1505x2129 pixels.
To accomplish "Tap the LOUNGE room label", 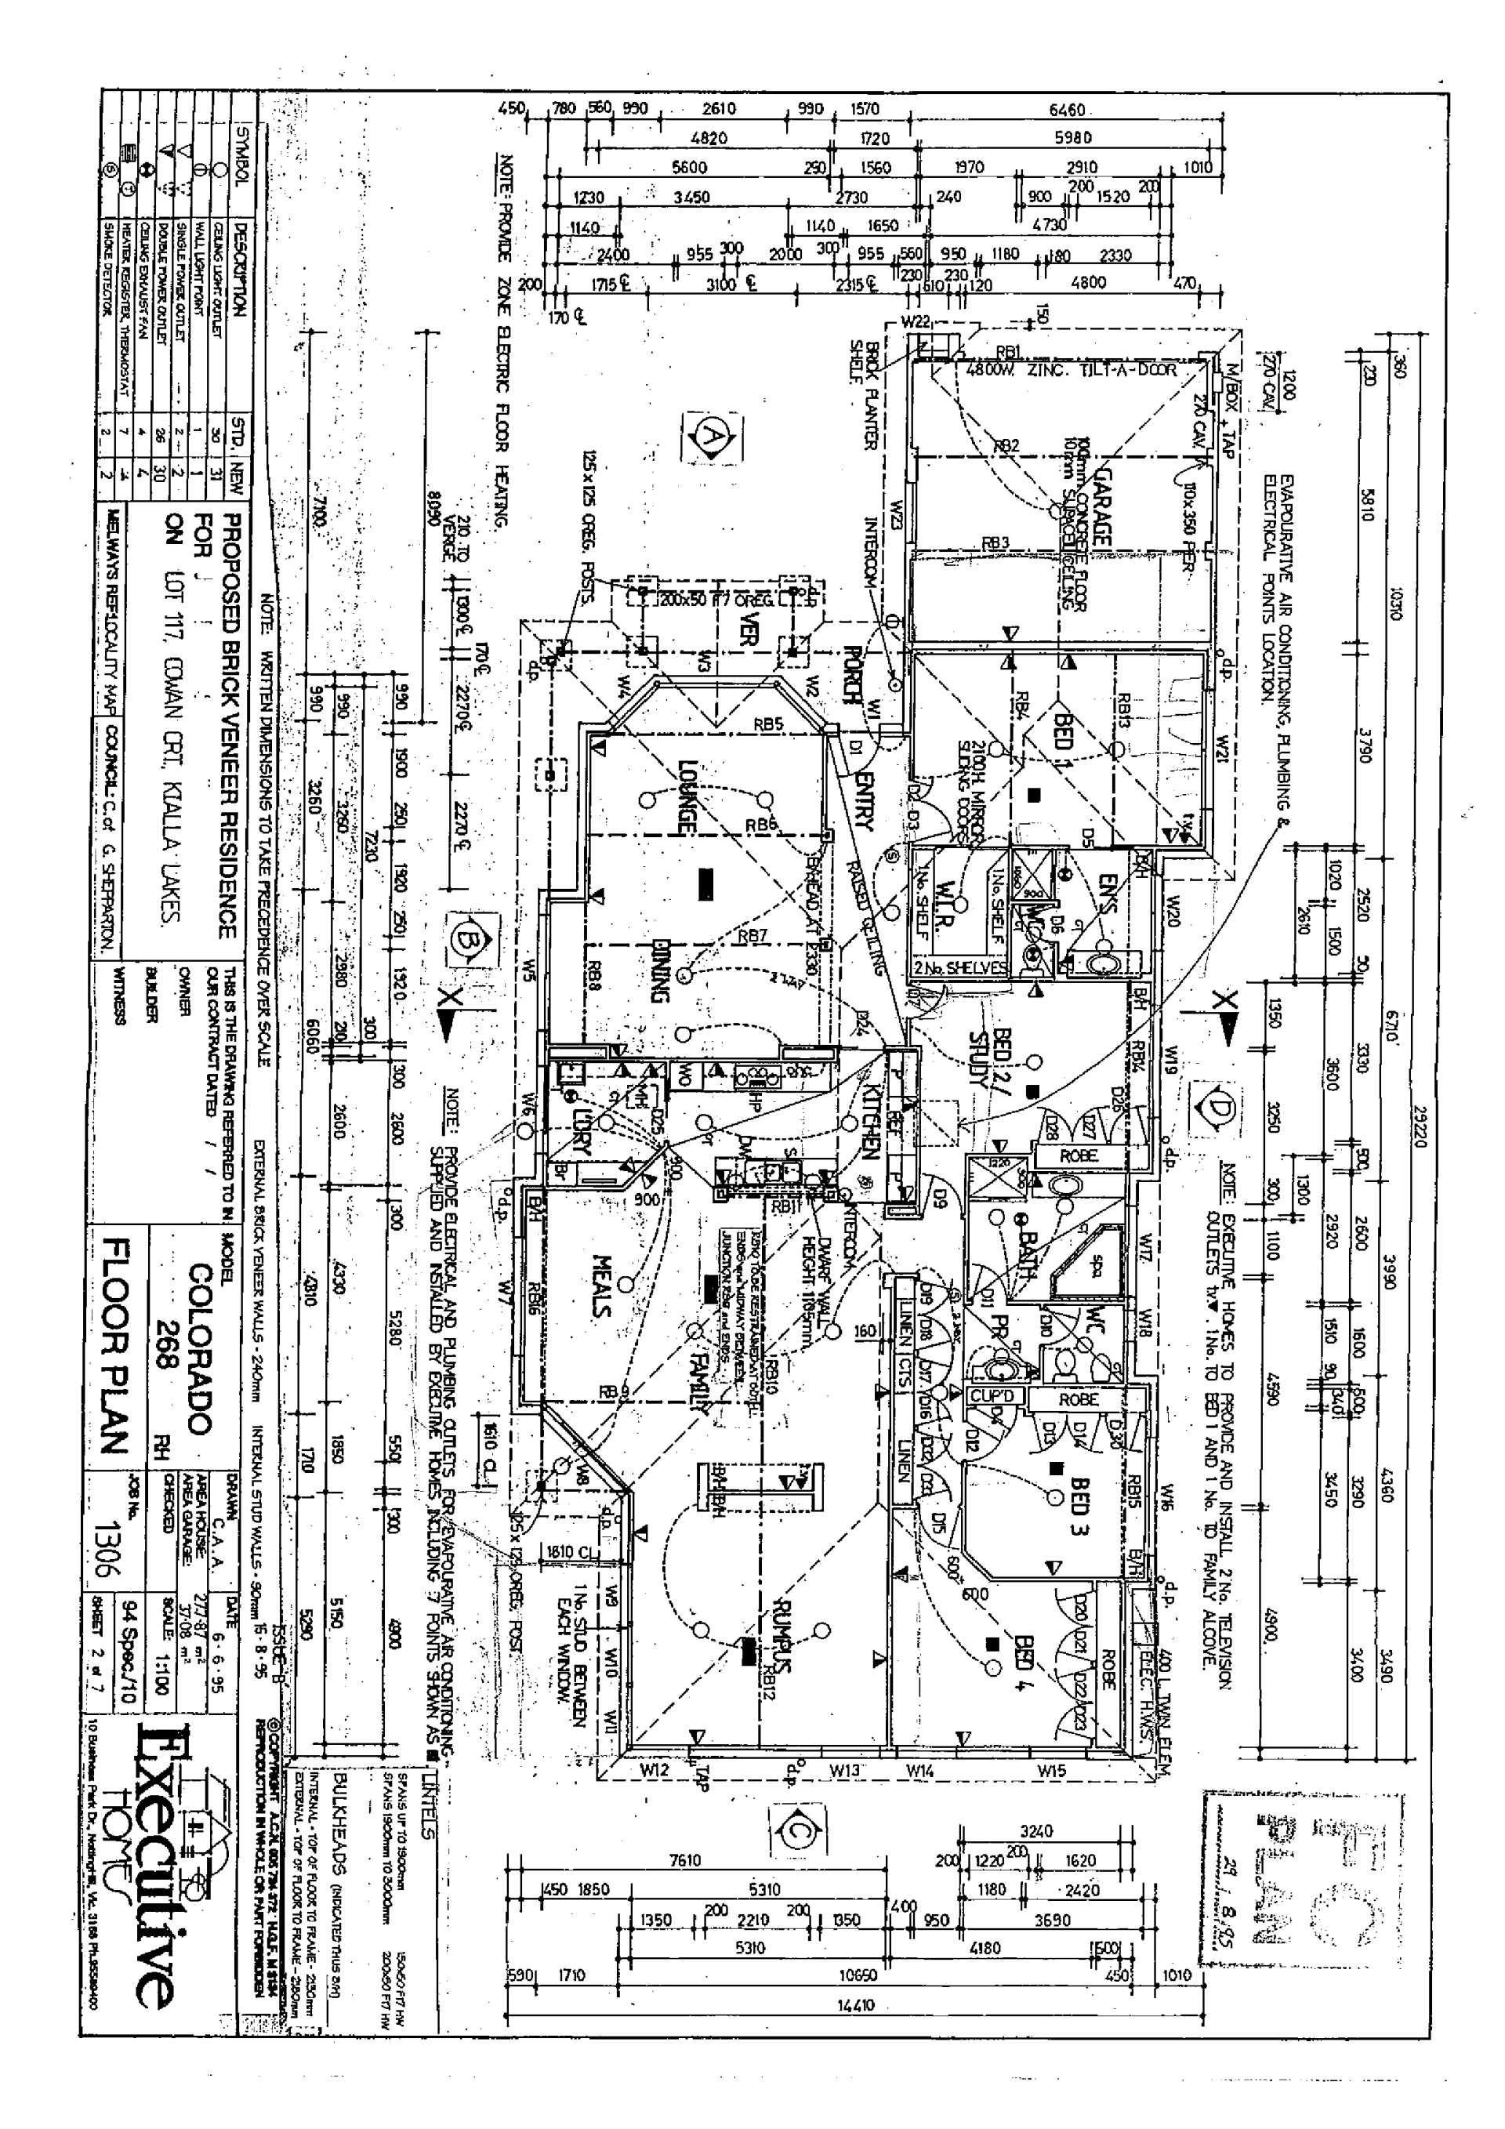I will coord(688,796).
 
